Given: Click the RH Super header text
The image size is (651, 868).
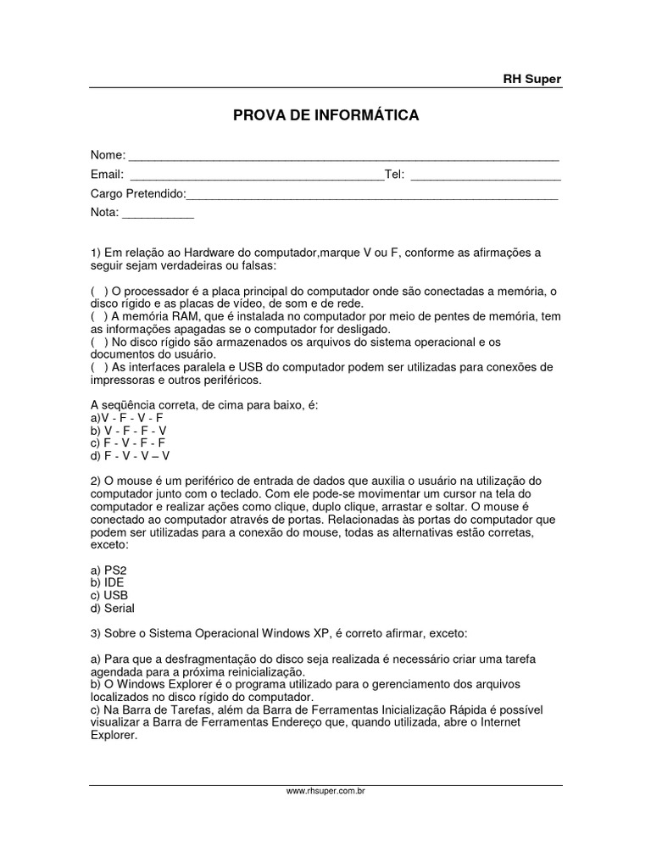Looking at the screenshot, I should point(532,79).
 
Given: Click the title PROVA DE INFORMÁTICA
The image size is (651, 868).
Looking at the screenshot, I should point(326,115).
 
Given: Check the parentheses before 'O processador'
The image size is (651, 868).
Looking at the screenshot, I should point(99,292).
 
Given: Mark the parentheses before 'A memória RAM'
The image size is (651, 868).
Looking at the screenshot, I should point(99,317).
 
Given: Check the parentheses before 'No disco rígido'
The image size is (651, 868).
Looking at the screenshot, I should point(99,342).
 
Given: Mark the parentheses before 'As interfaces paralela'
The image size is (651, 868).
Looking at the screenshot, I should point(99,367).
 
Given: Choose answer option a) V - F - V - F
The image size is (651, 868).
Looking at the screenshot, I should point(126,418).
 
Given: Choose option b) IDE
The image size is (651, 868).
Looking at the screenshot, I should point(108,582).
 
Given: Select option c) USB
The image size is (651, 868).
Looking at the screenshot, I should point(109,595).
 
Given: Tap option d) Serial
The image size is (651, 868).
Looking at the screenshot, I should point(113,608).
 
